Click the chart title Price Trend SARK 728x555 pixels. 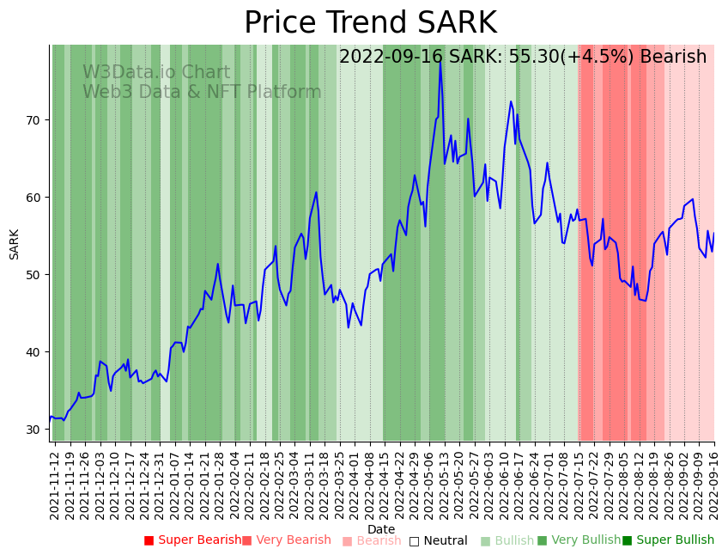[370, 23]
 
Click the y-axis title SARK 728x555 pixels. [15, 244]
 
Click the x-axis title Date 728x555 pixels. [381, 530]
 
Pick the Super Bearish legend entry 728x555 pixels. [192, 540]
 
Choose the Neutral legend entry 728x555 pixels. [438, 540]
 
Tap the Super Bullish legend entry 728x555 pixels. [668, 540]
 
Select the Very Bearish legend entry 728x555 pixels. [286, 540]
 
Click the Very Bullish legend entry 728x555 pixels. [579, 540]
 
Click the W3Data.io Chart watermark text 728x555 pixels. [156, 73]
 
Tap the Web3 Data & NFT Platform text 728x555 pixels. [202, 92]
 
